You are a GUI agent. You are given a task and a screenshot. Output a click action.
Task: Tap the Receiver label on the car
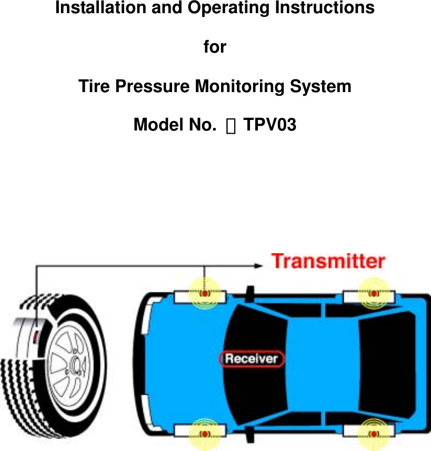(252, 359)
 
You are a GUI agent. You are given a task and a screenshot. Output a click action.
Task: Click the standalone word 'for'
(215, 47)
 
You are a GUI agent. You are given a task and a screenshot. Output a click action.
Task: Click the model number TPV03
(270, 125)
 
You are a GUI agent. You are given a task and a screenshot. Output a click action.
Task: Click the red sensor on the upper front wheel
(205, 294)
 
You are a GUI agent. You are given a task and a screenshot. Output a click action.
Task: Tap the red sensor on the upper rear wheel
(373, 294)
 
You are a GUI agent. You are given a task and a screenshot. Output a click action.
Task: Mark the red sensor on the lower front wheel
(205, 433)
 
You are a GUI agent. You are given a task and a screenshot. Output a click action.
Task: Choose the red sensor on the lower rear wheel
(373, 433)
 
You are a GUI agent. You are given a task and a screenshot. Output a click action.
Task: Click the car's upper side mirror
(250, 292)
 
